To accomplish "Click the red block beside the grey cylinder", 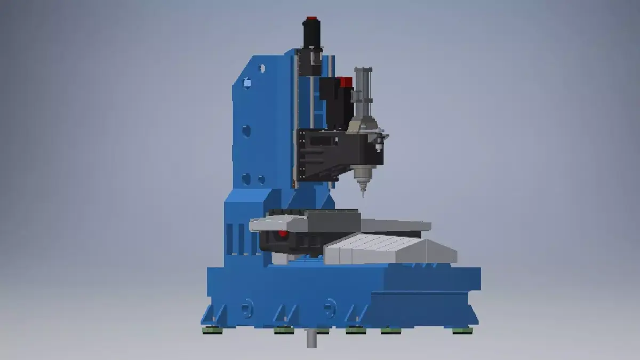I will click(346, 83).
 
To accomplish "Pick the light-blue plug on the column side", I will click(247, 83).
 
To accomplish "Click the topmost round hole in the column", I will click(261, 68).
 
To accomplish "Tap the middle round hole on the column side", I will click(246, 130).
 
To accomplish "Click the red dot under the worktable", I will click(282, 233).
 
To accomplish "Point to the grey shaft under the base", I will click(309, 338).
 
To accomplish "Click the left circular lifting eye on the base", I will click(246, 308).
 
